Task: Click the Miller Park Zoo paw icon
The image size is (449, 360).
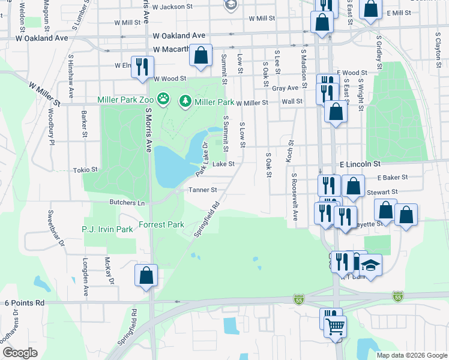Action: point(164,98)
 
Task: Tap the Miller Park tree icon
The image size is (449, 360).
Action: point(185,102)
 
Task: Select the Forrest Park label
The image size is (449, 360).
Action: point(161,225)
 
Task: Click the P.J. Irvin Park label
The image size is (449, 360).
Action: point(107,229)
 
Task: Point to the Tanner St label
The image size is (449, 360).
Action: point(202,190)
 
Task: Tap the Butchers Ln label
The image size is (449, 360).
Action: point(127,203)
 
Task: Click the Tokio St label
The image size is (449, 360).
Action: point(85,170)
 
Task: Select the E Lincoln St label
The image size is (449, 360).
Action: point(360,163)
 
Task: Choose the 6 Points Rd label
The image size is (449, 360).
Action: point(25,304)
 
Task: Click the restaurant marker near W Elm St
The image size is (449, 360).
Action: point(142,67)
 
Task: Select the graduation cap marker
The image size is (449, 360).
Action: point(370,266)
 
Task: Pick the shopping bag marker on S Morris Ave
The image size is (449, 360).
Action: point(146,276)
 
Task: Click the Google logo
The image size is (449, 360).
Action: point(20,352)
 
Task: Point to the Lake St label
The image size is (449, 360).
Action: point(223,163)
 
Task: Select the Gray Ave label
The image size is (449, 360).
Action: point(285,88)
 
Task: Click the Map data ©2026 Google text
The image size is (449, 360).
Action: point(411,355)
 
